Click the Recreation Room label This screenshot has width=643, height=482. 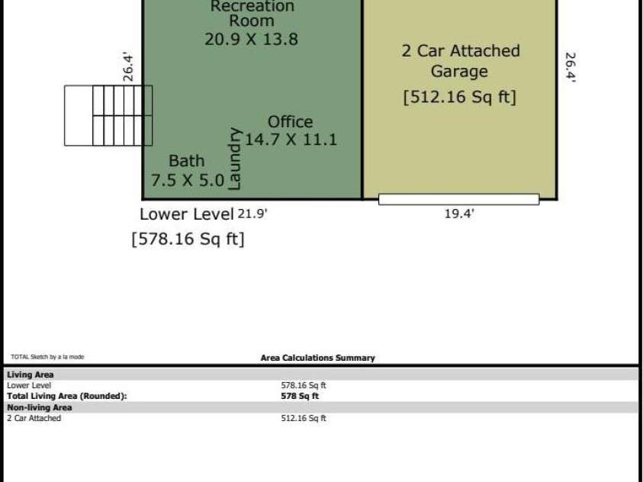[252, 13]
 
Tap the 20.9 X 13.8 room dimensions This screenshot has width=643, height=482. [251, 40]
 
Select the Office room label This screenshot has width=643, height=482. [290, 122]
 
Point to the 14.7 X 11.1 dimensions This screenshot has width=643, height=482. [291, 140]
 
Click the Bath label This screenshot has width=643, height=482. [187, 161]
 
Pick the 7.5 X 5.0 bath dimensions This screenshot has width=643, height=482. [188, 180]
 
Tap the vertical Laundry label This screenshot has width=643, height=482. [234, 159]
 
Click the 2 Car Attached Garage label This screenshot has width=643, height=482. [461, 61]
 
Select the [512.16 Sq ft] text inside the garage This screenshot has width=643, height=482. [460, 97]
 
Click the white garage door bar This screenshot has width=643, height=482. [458, 199]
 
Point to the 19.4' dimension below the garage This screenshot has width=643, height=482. [459, 214]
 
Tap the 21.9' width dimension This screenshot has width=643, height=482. [252, 214]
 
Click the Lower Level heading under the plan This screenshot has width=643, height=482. [187, 214]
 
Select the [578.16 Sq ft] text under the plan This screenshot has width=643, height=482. [188, 239]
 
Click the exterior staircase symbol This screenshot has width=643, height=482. [108, 116]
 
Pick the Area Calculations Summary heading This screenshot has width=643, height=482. [318, 358]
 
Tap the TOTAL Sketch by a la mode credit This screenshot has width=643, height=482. [47, 357]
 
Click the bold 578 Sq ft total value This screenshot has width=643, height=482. [300, 396]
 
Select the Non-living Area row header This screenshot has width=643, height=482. [40, 407]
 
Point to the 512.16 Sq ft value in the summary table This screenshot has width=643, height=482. [304, 418]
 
